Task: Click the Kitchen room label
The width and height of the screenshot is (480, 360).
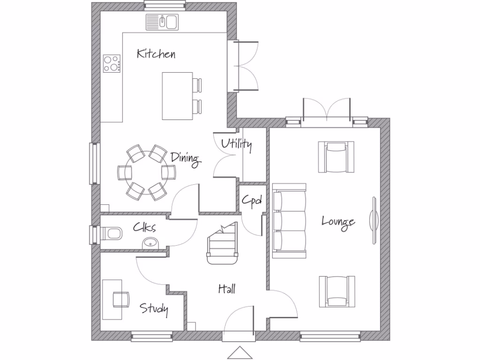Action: coord(156,53)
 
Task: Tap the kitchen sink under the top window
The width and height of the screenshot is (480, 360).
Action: coord(162,21)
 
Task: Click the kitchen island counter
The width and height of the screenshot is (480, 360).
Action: coord(177,96)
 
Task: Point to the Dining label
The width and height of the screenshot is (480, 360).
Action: coord(186,158)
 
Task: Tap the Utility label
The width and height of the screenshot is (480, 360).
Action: coord(237,144)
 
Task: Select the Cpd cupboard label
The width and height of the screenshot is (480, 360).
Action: coord(251,201)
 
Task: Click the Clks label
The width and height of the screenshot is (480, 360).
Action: coord(144,227)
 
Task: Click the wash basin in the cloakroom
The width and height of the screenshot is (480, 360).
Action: coord(151,243)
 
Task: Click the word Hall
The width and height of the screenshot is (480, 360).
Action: coord(227,289)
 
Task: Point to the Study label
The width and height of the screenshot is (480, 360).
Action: coord(154,308)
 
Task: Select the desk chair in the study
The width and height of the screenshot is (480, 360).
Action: coord(120,299)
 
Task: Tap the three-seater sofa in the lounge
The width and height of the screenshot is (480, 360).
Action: coord(289,221)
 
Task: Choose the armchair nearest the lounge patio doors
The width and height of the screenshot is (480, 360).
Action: coord(336,157)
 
